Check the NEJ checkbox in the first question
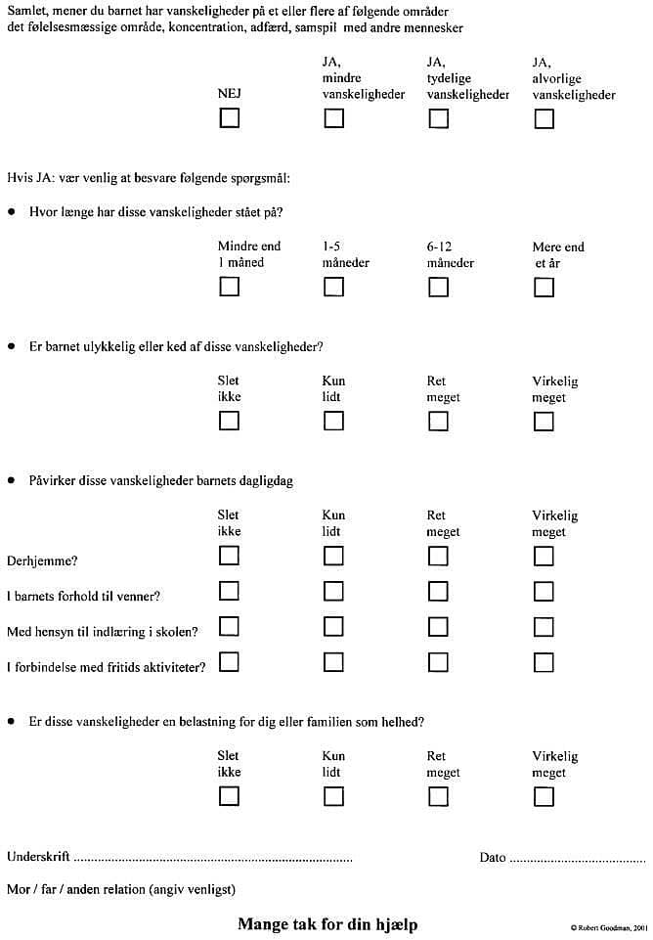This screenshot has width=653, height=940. coord(229,118)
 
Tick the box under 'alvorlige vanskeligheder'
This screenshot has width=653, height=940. coord(544,118)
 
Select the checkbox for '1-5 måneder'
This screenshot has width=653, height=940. coord(333,287)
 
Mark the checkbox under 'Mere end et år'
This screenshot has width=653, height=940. coord(544,287)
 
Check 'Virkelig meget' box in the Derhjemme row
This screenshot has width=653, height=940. coord(544,556)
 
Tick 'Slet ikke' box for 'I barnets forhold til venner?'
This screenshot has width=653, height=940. coord(229,591)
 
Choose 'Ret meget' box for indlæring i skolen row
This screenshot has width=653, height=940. coord(438,626)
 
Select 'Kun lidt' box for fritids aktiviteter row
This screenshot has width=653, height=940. coord(333,662)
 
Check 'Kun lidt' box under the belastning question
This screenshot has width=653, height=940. coord(333,796)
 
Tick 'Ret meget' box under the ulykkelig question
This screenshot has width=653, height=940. coord(438,422)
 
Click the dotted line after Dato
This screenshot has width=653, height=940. coord(573,859)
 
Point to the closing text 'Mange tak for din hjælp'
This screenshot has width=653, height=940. coord(326,923)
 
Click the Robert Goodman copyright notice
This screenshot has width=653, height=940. coord(608,926)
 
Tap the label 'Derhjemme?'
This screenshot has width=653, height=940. coord(42,560)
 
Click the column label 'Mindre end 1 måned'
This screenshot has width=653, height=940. coord(248,254)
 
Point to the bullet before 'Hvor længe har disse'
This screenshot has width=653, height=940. coord(12,211)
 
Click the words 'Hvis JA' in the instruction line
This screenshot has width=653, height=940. coord(27,177)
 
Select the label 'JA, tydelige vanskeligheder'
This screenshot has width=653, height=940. coord(467,78)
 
